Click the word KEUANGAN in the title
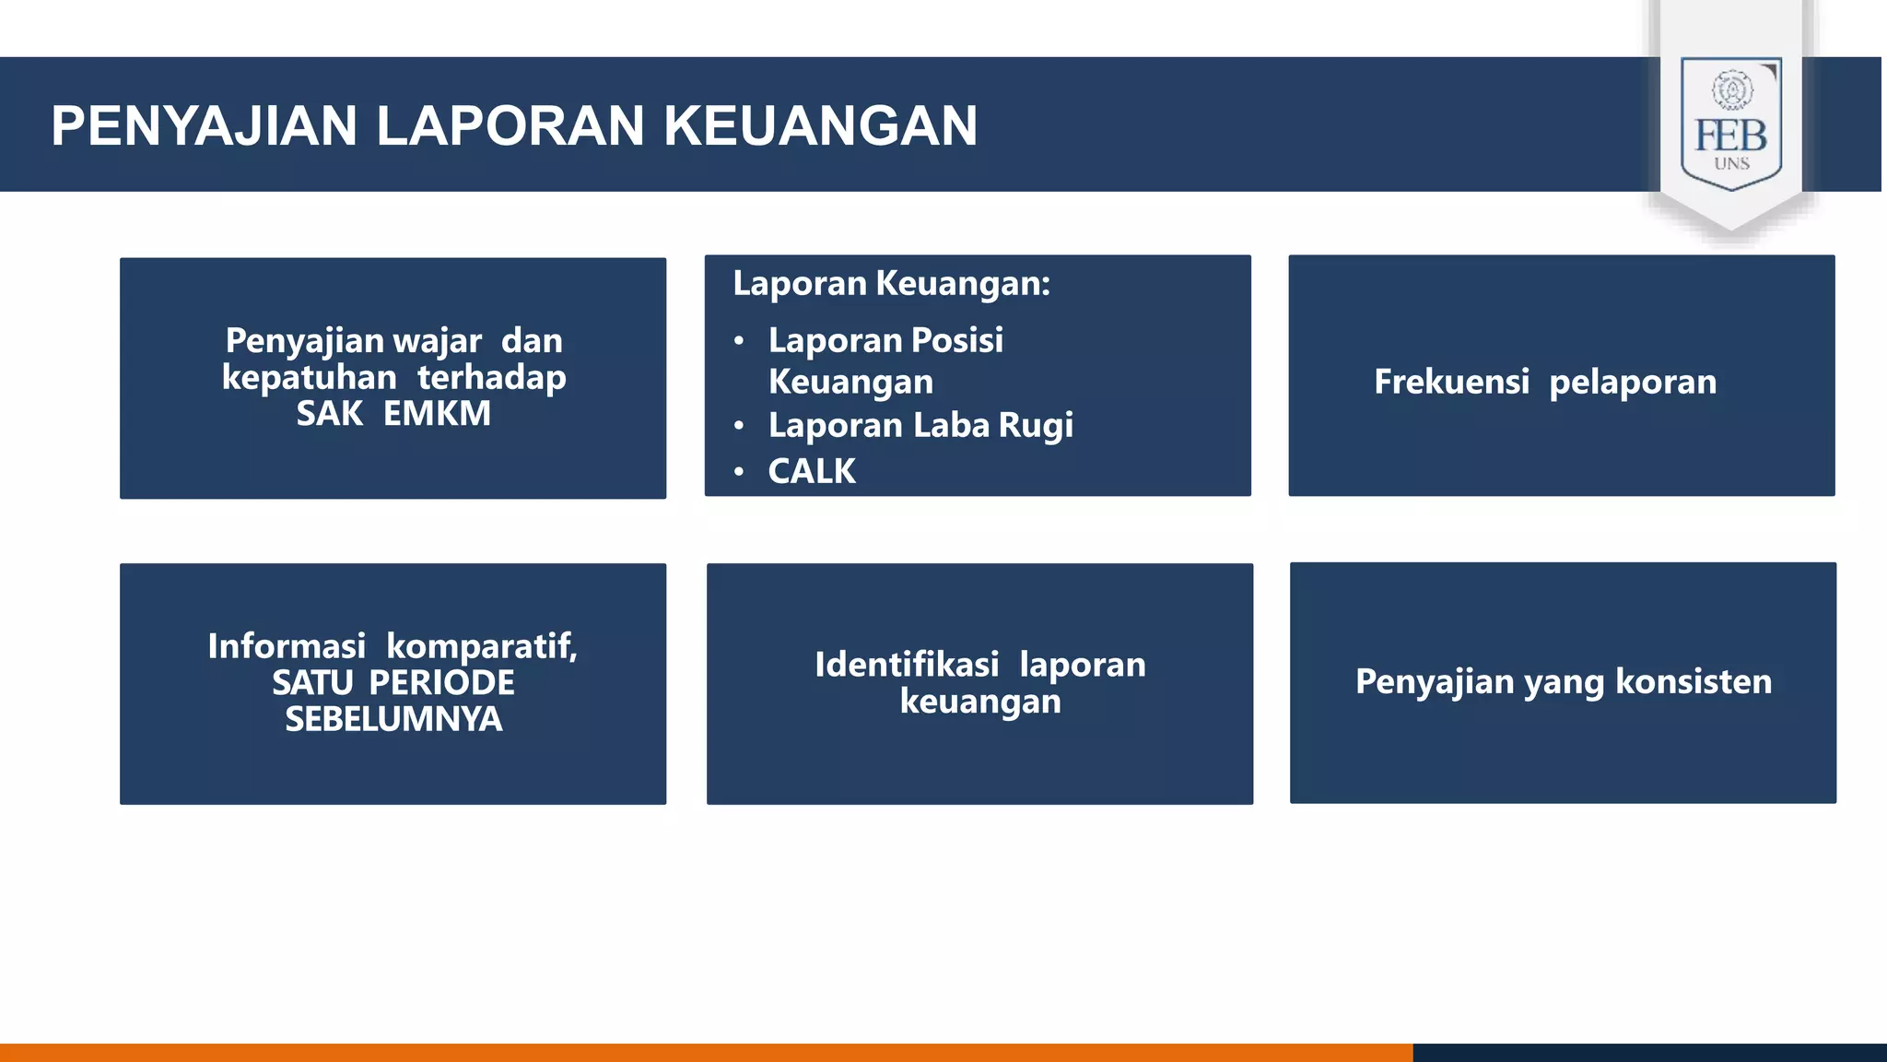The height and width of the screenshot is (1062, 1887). pos(820,126)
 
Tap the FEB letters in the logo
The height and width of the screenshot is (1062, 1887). pos(1731,136)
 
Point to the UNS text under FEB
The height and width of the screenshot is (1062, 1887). pos(1731,164)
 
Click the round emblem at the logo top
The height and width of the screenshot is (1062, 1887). pos(1732,90)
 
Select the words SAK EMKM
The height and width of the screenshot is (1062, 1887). pos(393,414)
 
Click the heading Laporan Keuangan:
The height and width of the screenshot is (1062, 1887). pos(891,283)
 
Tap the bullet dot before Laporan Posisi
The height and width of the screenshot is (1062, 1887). pos(739,341)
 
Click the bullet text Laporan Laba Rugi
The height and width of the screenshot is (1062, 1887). pos(920,425)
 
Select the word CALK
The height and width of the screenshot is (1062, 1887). pos(812,471)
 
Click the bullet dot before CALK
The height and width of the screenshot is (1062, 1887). pos(739,472)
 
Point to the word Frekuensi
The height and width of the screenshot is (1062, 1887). pos(1451,382)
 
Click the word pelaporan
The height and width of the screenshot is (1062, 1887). pos(1633,382)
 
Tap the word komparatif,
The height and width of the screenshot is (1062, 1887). pos(481,646)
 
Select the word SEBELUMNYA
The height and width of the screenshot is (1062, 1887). pos(393,719)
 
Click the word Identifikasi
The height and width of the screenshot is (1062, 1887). pos(907,665)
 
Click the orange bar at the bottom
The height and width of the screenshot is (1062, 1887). pos(700,1052)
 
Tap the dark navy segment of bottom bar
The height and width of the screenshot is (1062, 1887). pos(1649,1052)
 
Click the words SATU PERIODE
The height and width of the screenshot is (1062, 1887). pos(393,683)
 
